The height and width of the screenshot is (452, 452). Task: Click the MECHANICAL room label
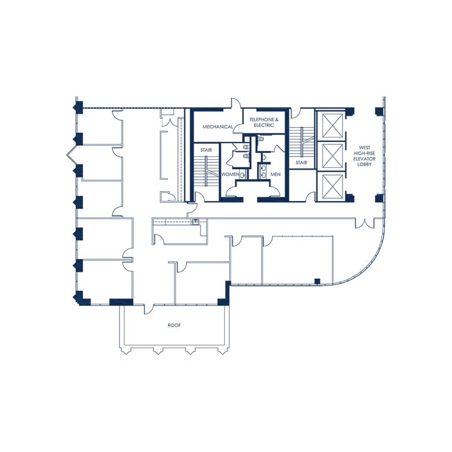(218, 127)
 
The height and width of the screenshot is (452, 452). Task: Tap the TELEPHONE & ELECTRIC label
(264, 122)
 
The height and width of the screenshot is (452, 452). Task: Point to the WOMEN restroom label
(229, 174)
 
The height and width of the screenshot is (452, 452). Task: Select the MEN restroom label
(275, 174)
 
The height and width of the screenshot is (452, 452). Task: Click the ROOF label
(174, 326)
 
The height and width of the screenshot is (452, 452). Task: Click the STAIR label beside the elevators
(301, 163)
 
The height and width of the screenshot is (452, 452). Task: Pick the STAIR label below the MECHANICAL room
(206, 150)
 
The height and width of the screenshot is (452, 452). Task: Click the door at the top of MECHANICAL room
(236, 104)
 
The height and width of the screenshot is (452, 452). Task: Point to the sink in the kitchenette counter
(196, 221)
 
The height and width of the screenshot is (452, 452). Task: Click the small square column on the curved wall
(317, 282)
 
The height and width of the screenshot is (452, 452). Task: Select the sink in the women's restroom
(243, 173)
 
